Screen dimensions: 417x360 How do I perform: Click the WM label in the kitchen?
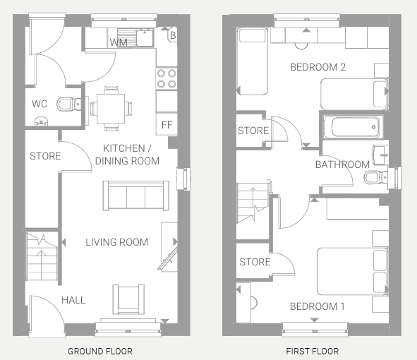(x=119, y=42)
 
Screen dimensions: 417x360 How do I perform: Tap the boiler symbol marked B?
(x=173, y=35)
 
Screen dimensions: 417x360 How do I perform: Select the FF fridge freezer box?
(x=167, y=124)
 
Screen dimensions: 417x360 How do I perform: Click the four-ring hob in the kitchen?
(x=167, y=78)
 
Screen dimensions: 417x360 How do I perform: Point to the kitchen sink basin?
(x=145, y=38)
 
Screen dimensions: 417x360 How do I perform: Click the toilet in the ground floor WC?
(x=69, y=104)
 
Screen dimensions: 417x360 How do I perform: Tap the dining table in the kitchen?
(x=111, y=109)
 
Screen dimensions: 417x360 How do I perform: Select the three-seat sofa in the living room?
(x=136, y=196)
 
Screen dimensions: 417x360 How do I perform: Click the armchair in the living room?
(x=128, y=299)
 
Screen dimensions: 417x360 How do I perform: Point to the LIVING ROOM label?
(x=116, y=242)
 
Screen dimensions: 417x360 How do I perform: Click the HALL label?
(x=73, y=300)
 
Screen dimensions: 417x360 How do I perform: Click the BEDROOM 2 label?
(x=318, y=67)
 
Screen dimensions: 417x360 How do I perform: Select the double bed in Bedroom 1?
(x=353, y=271)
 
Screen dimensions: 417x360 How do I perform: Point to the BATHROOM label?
(x=342, y=164)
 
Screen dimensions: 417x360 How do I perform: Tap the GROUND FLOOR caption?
(x=100, y=352)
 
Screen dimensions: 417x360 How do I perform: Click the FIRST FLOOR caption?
(x=313, y=352)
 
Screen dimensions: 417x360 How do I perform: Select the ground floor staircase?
(x=42, y=256)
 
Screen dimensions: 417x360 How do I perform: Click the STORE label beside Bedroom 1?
(x=255, y=262)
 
